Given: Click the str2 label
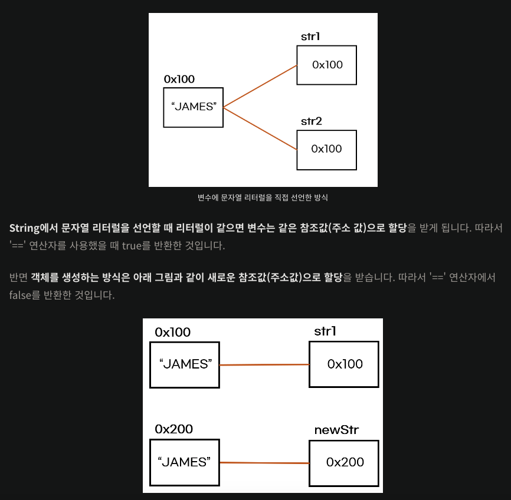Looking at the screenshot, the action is [x=312, y=121].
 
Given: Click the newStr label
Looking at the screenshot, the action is [x=337, y=429].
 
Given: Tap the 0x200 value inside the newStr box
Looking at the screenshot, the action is [x=345, y=462].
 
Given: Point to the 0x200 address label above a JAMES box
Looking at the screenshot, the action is [x=173, y=429].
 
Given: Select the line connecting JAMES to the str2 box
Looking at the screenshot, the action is [x=260, y=129].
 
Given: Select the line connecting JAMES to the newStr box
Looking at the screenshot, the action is [x=264, y=463].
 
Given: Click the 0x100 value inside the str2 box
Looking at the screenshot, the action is [x=326, y=149].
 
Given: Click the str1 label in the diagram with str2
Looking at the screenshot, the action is [x=311, y=37].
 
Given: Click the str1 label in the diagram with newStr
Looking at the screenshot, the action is [x=325, y=331].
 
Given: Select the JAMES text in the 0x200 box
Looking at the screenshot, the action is [x=185, y=462].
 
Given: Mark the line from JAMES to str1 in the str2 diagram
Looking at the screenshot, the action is [x=260, y=86].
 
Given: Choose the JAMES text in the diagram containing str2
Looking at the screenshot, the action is [x=194, y=107].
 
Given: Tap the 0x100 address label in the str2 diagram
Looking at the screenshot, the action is [x=179, y=79].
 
